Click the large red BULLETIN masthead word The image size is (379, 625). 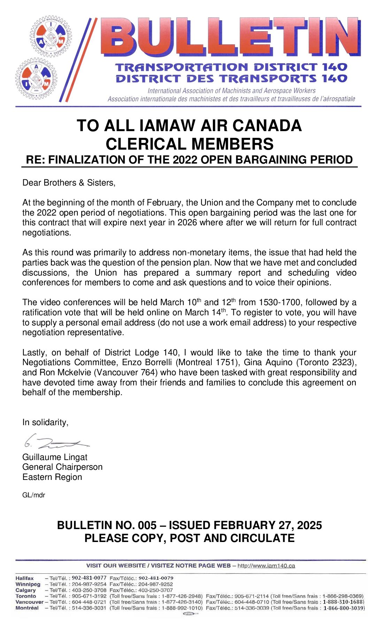tap(230, 37)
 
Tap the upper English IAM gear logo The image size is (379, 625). tap(51, 37)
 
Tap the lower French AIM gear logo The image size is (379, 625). tap(36, 79)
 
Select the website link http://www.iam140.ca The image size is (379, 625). tap(266, 566)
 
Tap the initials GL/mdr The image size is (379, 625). tap(33, 495)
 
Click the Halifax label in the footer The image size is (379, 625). tap(24, 578)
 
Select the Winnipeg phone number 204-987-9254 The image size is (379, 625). tap(89, 584)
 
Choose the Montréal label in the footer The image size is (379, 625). tap(27, 608)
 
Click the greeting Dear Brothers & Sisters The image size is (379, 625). tap(69, 183)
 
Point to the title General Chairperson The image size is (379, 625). tap(62, 467)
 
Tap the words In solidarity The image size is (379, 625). tap(45, 422)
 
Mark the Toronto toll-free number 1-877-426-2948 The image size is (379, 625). tap(181, 596)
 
